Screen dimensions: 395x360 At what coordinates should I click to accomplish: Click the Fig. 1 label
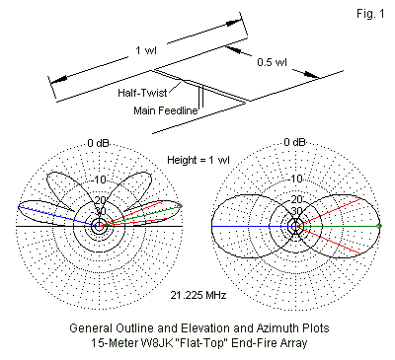pyautogui.click(x=370, y=14)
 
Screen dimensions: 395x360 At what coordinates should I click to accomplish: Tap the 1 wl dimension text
pyautogui.click(x=146, y=50)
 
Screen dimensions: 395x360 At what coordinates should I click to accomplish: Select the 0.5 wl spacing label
pyautogui.click(x=272, y=62)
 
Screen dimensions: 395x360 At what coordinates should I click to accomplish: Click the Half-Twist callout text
pyautogui.click(x=142, y=93)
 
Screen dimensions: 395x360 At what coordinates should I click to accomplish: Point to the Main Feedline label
pyautogui.click(x=166, y=110)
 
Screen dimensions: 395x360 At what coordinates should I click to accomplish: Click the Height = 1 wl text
pyautogui.click(x=198, y=160)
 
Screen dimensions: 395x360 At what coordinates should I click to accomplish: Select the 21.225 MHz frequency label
pyautogui.click(x=198, y=295)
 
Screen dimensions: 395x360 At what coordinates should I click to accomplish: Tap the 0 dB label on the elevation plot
pyautogui.click(x=98, y=143)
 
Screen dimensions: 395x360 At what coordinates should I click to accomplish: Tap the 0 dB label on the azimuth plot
pyautogui.click(x=294, y=142)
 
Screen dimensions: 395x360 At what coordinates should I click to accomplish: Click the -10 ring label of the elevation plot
pyautogui.click(x=100, y=180)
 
